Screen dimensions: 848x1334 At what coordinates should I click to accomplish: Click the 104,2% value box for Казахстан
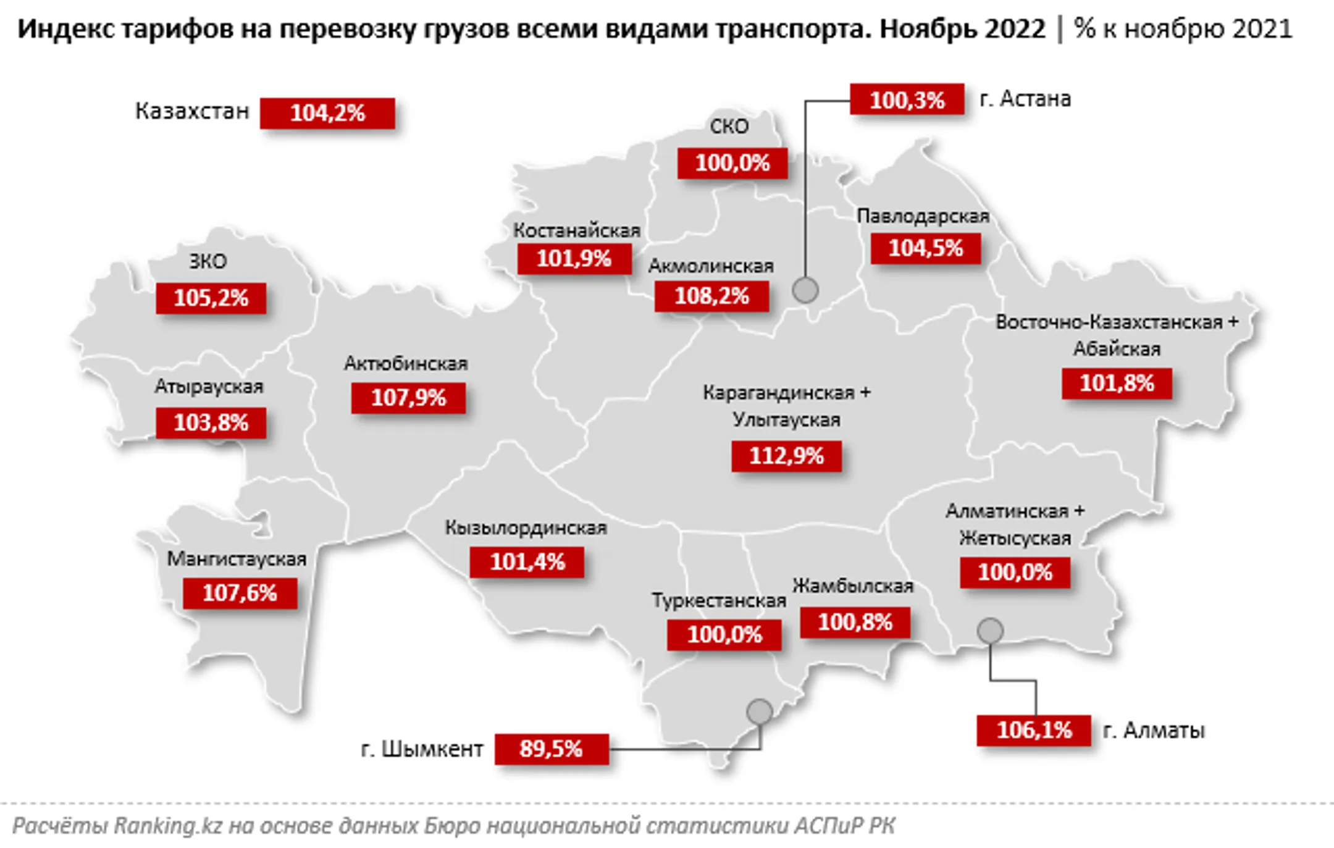tap(327, 114)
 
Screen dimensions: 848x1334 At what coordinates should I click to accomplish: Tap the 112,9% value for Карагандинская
tap(786, 456)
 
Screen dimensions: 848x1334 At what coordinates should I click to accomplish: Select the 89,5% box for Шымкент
tap(551, 749)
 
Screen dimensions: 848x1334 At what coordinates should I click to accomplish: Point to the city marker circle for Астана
tap(805, 290)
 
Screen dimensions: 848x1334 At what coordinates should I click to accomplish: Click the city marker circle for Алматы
tap(990, 631)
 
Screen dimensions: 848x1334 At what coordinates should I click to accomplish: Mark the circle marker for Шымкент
tap(760, 712)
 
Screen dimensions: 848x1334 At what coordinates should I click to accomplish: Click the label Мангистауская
tap(237, 559)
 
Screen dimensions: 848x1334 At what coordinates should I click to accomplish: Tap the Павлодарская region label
tap(923, 216)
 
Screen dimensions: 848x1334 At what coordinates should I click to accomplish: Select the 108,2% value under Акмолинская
tap(711, 296)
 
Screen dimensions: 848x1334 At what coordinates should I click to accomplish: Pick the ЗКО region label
tap(208, 261)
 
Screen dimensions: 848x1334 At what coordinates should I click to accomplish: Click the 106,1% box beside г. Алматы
tap(1034, 731)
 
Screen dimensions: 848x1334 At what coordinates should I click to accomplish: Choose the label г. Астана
tap(1025, 99)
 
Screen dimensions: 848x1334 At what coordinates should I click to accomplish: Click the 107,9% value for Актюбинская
tap(408, 398)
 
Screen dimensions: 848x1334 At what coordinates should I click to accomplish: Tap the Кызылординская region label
tap(526, 528)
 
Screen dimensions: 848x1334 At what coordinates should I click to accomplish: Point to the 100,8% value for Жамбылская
tap(855, 623)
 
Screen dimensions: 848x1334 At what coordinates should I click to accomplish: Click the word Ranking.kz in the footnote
tap(167, 826)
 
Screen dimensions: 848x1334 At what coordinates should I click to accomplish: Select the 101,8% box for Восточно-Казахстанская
tap(1117, 384)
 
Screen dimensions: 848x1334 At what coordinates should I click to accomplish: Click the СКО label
tap(729, 127)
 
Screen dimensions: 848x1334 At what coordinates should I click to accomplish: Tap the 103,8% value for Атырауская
tap(211, 423)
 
